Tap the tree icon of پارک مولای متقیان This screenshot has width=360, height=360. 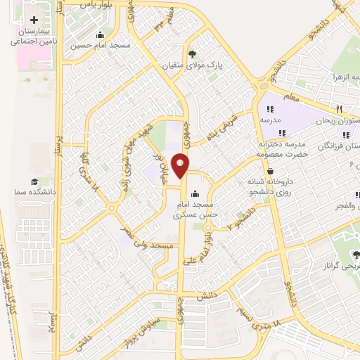tap(193, 53)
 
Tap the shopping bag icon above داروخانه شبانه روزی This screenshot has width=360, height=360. tap(271, 171)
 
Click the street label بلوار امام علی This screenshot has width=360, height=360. tap(199, 251)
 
